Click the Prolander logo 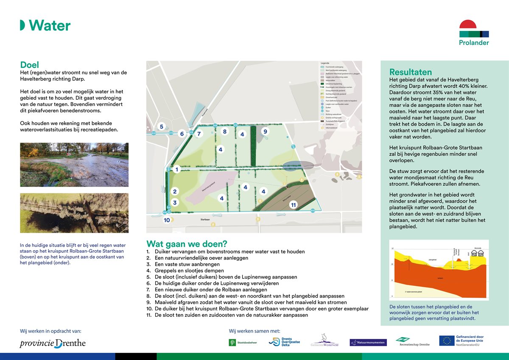coord(474,33)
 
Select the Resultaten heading coord(410,72)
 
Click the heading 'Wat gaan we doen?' coord(186,244)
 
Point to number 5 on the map coord(161,126)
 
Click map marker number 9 coord(265,131)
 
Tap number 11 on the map coord(293,205)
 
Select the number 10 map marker coord(167,220)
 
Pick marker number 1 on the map coord(177,169)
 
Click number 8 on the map coord(225,131)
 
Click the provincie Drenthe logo coord(53,343)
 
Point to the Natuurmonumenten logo coord(368,342)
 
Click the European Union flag coord(446,340)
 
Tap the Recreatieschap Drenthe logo coord(412,341)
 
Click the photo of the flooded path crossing coord(74,165)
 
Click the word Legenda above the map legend coord(325,63)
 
